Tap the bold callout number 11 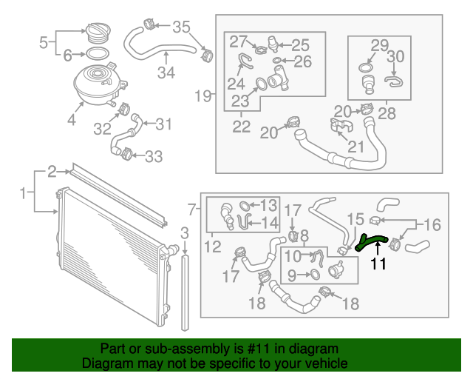(378, 264)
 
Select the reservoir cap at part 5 (98, 33)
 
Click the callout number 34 (166, 73)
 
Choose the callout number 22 (242, 127)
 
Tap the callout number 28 (386, 113)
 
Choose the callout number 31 (163, 123)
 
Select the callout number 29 (379, 44)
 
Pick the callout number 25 (300, 44)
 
